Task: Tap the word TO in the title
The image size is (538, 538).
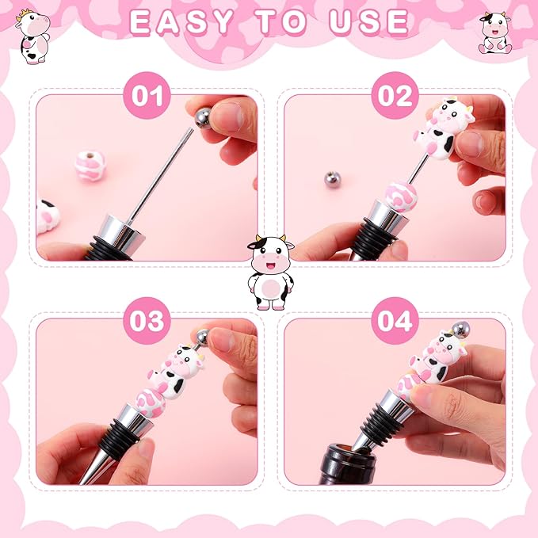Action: click(280, 23)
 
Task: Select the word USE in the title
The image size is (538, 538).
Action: click(368, 23)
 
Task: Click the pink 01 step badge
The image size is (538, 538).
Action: click(147, 97)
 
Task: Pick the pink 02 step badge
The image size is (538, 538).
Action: click(395, 97)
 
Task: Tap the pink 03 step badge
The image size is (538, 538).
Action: click(147, 321)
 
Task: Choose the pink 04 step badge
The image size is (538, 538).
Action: click(395, 321)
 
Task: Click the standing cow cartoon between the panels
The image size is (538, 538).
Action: click(269, 272)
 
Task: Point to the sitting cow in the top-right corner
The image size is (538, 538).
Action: click(494, 32)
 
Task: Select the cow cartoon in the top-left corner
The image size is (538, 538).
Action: click(32, 36)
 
